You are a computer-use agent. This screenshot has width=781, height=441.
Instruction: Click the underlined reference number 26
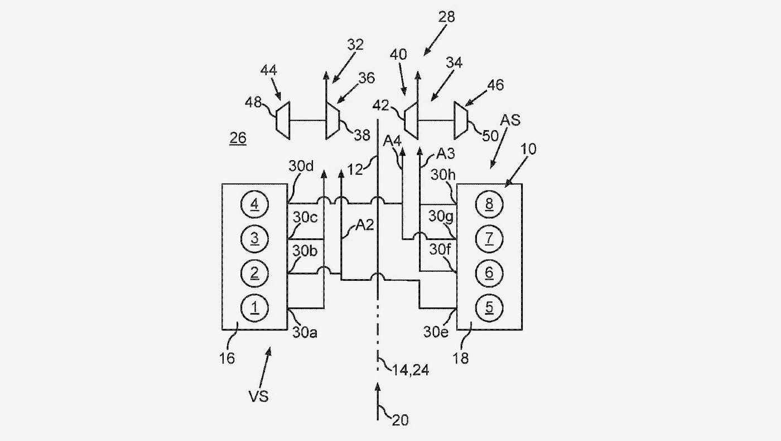(x=238, y=138)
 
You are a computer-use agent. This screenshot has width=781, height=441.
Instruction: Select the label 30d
(x=301, y=166)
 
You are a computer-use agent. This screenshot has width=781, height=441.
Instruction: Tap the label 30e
(x=436, y=332)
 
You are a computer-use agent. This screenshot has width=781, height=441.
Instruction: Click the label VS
(x=259, y=396)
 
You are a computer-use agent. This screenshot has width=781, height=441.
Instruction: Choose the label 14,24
(x=411, y=370)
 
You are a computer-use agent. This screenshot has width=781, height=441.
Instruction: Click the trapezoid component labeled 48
(x=283, y=121)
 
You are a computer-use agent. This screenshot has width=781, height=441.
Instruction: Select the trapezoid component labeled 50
(x=461, y=121)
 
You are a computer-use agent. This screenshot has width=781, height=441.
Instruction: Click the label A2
(x=364, y=226)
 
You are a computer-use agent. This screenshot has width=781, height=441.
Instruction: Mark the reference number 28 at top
(x=447, y=17)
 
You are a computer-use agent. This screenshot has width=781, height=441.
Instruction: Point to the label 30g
(x=441, y=217)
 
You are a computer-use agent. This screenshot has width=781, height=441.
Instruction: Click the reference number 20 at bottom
(x=401, y=420)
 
